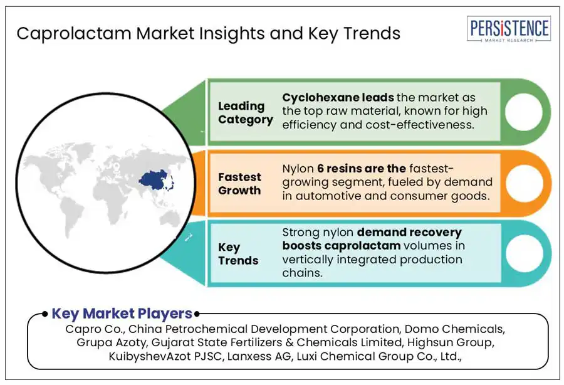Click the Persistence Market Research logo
click(x=509, y=29)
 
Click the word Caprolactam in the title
click(x=74, y=33)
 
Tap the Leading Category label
click(x=246, y=113)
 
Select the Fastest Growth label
click(x=239, y=184)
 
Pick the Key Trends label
click(x=238, y=254)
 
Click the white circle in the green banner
click(x=524, y=112)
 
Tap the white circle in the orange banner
click(x=524, y=183)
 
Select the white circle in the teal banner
click(x=524, y=253)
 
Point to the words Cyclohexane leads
click(x=338, y=97)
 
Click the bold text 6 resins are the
click(x=362, y=169)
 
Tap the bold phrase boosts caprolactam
click(x=341, y=245)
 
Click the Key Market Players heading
click(x=122, y=314)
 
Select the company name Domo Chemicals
click(x=454, y=329)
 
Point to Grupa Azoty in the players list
click(x=112, y=342)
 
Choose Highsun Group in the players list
click(x=451, y=342)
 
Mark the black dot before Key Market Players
click(x=44, y=314)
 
